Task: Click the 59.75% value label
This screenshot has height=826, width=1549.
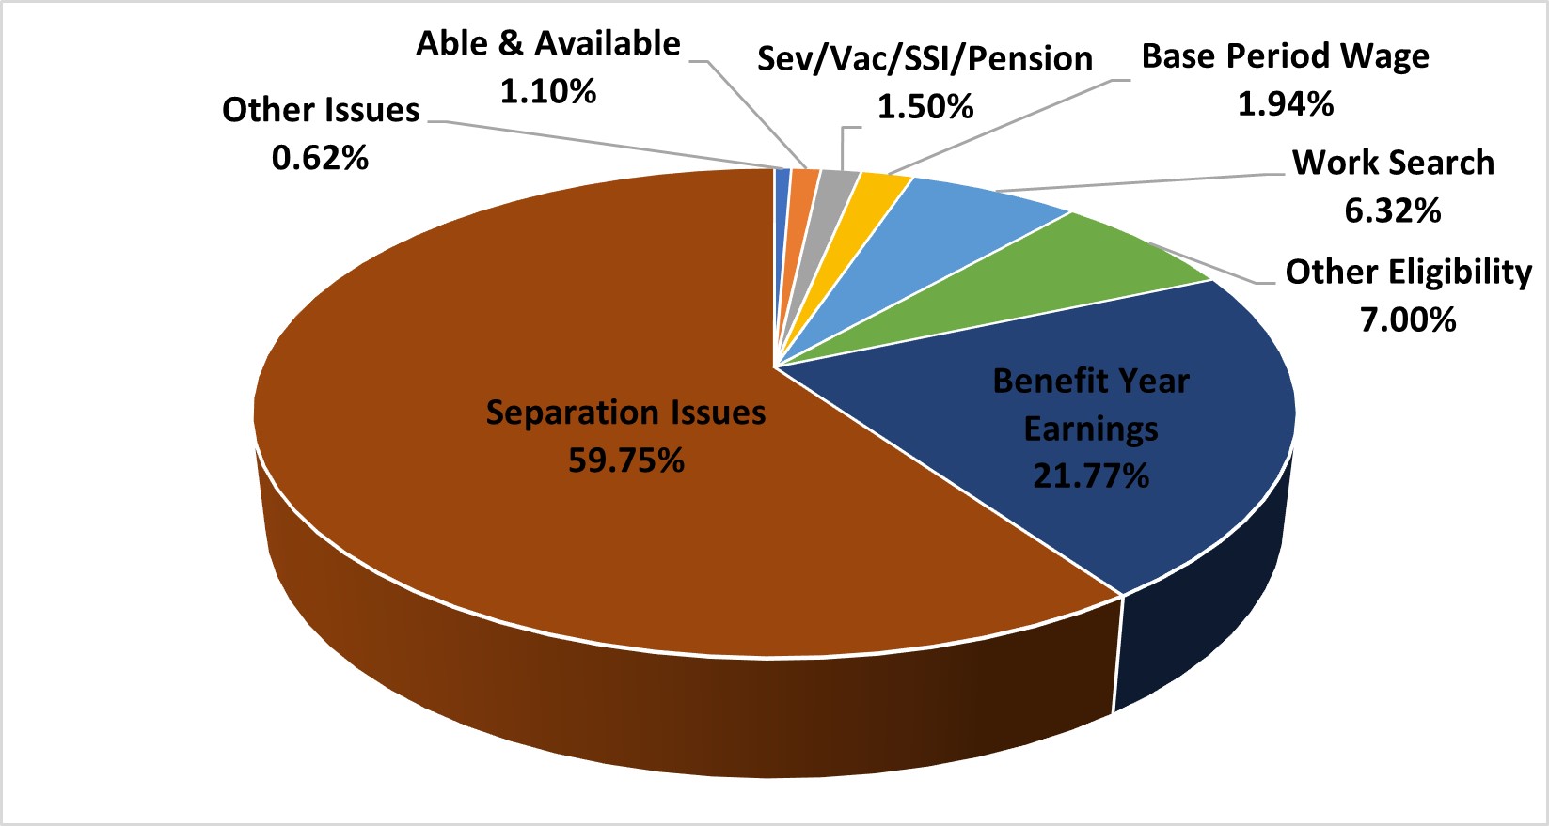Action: click(x=626, y=460)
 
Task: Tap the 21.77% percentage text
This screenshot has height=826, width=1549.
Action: click(x=1091, y=476)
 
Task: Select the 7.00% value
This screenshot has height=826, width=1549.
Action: click(x=1408, y=320)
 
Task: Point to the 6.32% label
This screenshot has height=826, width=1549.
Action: click(x=1393, y=211)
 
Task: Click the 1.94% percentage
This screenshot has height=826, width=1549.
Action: click(x=1285, y=104)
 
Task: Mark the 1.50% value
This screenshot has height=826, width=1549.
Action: click(x=925, y=107)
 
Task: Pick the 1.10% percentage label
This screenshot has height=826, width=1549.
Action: click(x=548, y=92)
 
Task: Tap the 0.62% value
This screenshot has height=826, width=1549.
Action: click(x=320, y=158)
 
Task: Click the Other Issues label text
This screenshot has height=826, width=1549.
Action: click(x=321, y=110)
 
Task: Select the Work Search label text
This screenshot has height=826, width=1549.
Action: click(x=1393, y=163)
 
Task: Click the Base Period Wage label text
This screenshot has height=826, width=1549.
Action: click(x=1285, y=56)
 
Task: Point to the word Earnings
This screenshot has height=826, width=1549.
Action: click(x=1091, y=429)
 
